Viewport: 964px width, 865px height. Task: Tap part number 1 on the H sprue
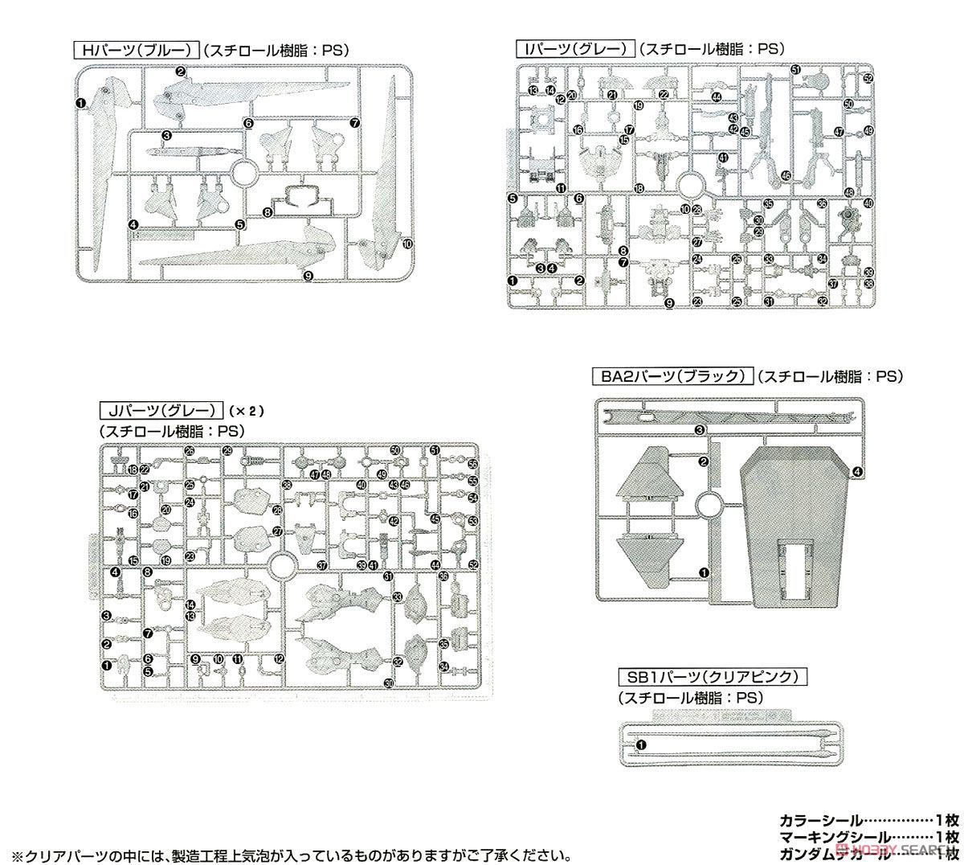(80, 103)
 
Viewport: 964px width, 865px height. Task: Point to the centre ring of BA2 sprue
(710, 505)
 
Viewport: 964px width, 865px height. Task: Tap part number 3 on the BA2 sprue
(700, 430)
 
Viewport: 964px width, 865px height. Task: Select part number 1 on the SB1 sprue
(640, 745)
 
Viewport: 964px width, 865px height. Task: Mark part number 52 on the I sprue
(868, 79)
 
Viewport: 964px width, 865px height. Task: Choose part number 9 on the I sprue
(668, 302)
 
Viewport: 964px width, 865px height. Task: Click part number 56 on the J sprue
(472, 465)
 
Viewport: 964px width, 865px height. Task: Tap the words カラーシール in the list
(819, 821)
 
